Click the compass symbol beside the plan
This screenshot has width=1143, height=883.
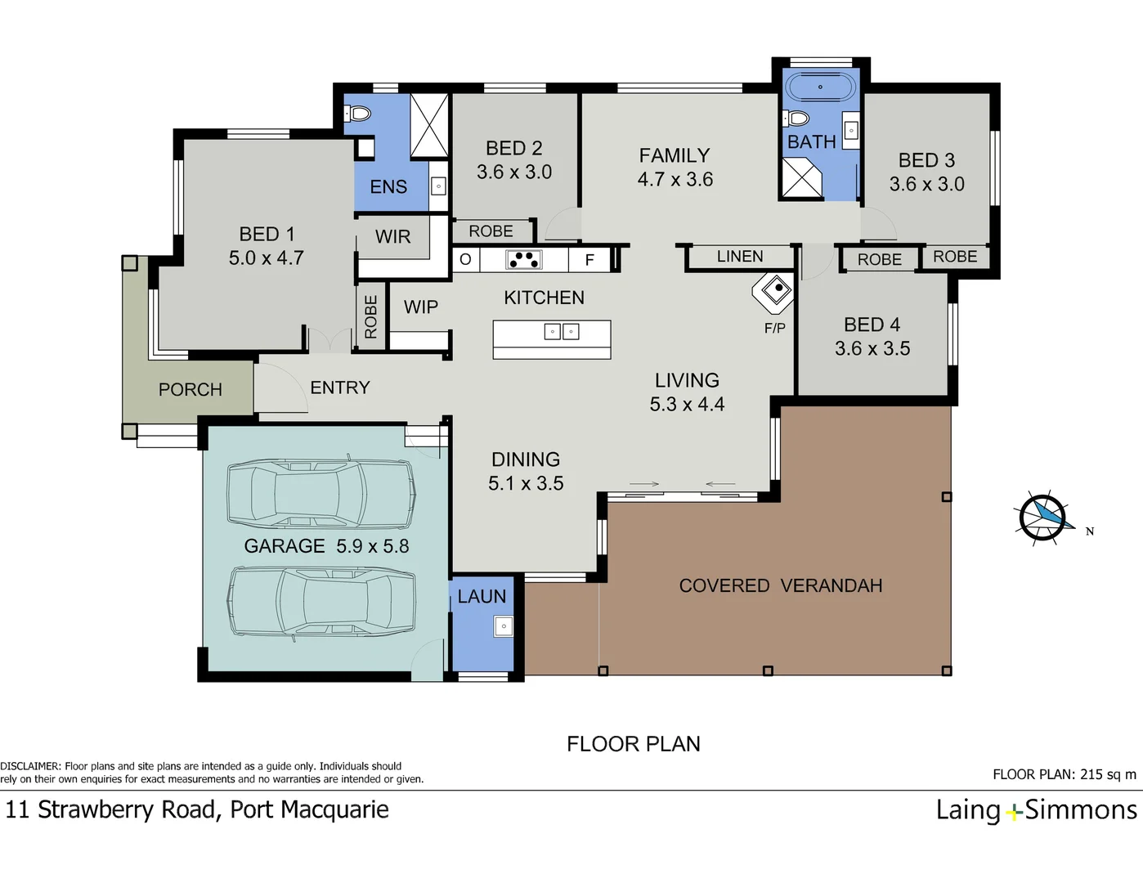[1044, 518]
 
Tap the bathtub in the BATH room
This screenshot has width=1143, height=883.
[819, 87]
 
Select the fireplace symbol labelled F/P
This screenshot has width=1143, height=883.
[774, 290]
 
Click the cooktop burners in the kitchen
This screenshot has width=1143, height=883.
[523, 260]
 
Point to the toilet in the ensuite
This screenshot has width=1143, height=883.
[359, 114]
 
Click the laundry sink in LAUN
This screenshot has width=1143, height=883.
[503, 626]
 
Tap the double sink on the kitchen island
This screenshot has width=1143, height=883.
[562, 331]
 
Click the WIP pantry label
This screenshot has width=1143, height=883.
[420, 307]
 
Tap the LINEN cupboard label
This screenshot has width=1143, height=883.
[740, 257]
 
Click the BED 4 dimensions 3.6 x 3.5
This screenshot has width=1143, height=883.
[872, 349]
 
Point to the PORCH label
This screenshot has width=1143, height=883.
[190, 390]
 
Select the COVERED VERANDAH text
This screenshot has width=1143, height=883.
[780, 586]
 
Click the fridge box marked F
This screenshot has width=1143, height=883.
[589, 260]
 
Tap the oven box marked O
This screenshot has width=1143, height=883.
[465, 260]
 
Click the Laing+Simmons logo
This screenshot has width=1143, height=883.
[1036, 810]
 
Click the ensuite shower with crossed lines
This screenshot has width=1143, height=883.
[429, 125]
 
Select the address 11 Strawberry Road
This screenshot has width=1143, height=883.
[110, 810]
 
